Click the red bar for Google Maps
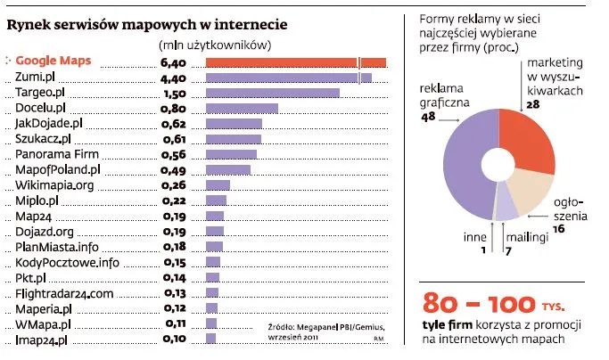pos(295,61)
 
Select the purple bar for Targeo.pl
pos(272,93)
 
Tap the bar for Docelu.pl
pos(242,109)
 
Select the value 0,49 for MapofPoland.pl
pos(172,169)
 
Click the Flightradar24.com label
pos(64,293)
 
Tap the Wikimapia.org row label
pos(54,185)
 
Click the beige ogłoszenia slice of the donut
pos(529,189)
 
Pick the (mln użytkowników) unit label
pos(215,45)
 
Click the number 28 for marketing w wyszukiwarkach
pos(533,104)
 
